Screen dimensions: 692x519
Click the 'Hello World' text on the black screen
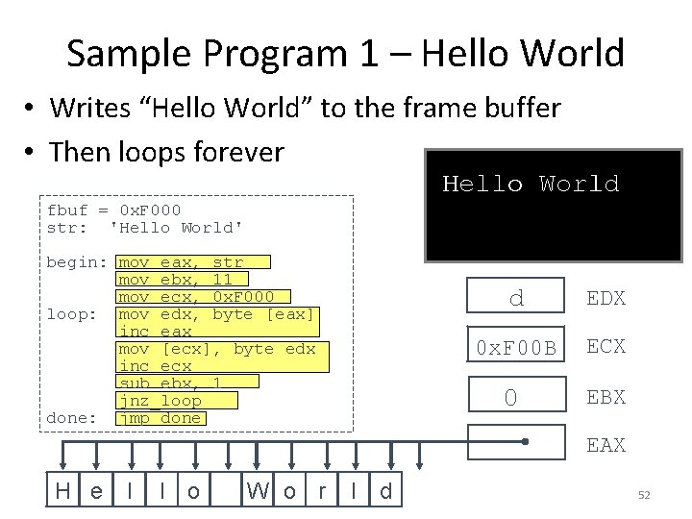pyautogui.click(x=530, y=184)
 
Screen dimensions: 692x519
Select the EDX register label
pyautogui.click(x=606, y=298)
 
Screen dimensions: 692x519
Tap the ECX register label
pyautogui.click(x=606, y=346)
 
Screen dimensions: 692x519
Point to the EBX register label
pyautogui.click(x=606, y=395)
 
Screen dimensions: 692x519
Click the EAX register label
pyautogui.click(x=606, y=444)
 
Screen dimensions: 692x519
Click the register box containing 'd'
pyautogui.click(x=516, y=298)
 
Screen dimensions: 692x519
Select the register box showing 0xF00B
pyautogui.click(x=516, y=347)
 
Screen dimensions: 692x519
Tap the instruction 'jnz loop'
pyautogui.click(x=160, y=401)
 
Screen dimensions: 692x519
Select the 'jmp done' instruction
pyautogui.click(x=160, y=418)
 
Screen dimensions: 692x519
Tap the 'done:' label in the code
pyautogui.click(x=72, y=418)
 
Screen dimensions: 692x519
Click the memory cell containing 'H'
pyautogui.click(x=63, y=491)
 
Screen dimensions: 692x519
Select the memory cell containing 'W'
pyautogui.click(x=258, y=491)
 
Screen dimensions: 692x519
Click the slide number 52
pyautogui.click(x=644, y=495)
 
